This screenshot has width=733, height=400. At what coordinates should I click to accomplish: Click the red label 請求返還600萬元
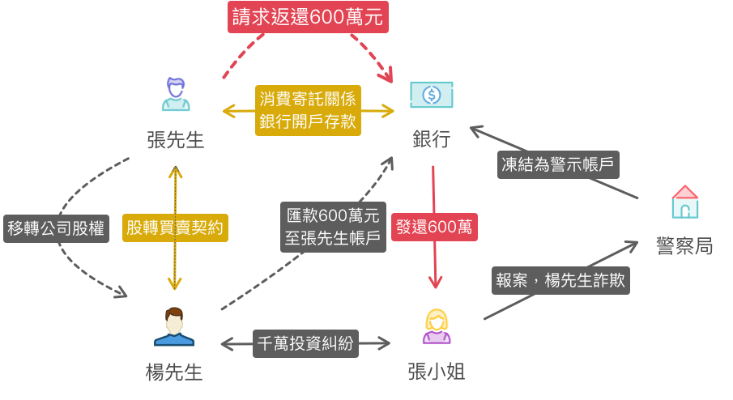307,17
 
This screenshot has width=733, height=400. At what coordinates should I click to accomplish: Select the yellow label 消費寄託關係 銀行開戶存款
307,111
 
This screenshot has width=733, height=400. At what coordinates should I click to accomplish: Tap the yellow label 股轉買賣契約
175,228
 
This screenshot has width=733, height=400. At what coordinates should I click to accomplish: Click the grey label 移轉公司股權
55,228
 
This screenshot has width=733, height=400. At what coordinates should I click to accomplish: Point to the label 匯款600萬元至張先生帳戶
333,227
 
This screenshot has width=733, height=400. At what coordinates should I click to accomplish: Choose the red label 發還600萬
434,227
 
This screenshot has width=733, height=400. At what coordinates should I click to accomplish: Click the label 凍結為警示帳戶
558,165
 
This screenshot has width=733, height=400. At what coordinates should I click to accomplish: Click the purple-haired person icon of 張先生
176,93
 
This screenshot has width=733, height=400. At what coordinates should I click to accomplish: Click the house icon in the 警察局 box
684,202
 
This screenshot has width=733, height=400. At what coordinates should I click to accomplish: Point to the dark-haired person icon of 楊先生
174,326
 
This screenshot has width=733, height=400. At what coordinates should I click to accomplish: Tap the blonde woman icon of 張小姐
436,326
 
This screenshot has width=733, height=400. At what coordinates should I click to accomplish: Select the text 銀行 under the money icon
431,138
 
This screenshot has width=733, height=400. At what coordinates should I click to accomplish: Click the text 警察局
684,245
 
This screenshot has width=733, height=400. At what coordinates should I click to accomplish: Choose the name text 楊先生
174,372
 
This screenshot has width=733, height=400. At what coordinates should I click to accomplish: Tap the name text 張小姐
436,372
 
